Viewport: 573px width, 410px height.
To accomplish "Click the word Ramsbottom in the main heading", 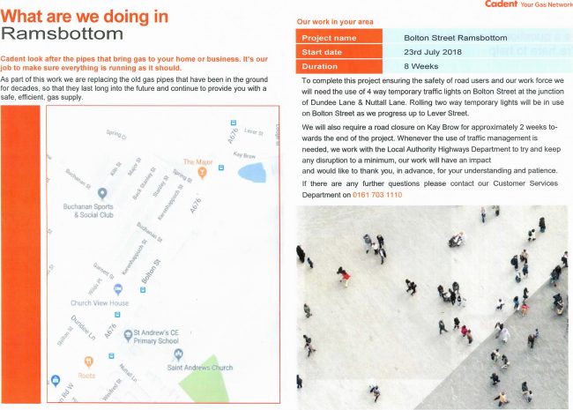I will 63,34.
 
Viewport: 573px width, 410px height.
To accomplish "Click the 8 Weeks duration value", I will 420,66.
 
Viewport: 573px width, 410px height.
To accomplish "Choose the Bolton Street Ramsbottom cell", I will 455,39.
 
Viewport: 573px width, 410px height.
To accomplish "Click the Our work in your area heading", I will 336,20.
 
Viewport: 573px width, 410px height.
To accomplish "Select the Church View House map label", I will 100,302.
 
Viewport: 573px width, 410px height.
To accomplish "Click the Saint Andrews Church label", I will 199,367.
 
